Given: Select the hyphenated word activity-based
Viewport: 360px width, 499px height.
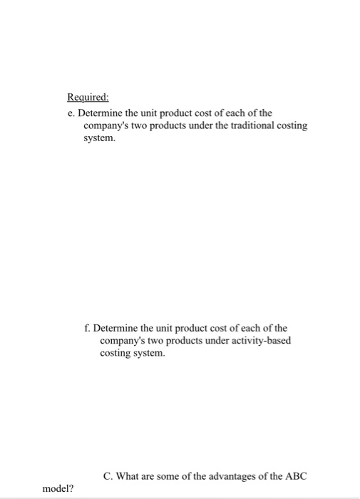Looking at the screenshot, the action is [260, 341].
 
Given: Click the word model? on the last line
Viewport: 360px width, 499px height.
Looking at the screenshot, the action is [58, 489].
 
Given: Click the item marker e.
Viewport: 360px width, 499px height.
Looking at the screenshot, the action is [71, 113].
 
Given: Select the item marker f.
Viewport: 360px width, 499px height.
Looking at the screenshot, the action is [86, 329].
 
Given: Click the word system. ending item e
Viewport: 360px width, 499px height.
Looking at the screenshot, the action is [98, 138].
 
